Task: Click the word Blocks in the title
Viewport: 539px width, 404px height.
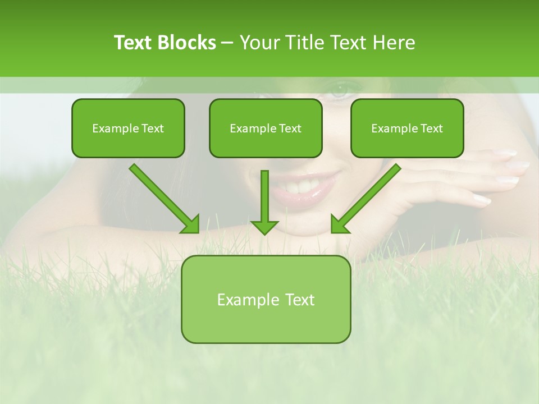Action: [x=186, y=43]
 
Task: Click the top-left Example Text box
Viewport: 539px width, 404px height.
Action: [x=128, y=128]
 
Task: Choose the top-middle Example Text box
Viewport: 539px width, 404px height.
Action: [x=266, y=128]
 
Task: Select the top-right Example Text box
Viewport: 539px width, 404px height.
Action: [x=407, y=128]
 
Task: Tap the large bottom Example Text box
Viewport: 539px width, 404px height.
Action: [x=266, y=299]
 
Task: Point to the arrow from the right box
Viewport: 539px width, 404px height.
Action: [x=365, y=199]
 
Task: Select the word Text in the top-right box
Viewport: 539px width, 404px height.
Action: [x=431, y=128]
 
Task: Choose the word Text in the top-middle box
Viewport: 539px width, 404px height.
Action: [x=290, y=128]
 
